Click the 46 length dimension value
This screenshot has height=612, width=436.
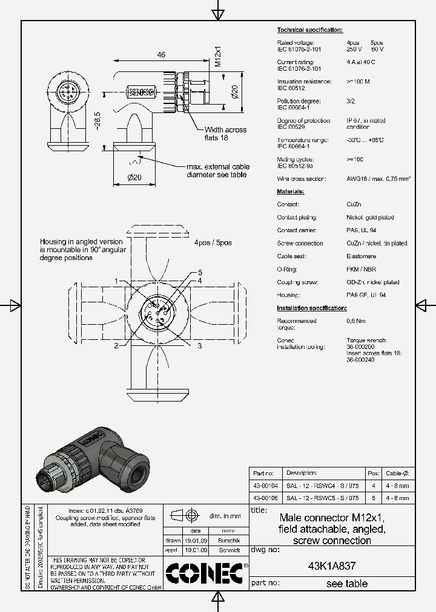pos(161,55)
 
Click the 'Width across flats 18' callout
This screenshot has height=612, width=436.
pos(225,134)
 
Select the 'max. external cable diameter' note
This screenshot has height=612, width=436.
pos(218,171)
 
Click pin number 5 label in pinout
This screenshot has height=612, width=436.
pos(200,272)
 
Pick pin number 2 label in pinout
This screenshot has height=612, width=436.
pos(115,346)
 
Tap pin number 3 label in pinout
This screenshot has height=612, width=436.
pos(199,345)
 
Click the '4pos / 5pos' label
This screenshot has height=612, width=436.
pos(213,243)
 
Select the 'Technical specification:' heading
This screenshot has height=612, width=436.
pos(309,30)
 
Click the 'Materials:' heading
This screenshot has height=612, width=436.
pos(291,191)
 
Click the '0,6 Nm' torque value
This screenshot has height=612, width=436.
pos(355,321)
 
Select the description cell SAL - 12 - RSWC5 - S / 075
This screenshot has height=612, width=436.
pos(323,498)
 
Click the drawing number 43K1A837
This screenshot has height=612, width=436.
pos(332,567)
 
